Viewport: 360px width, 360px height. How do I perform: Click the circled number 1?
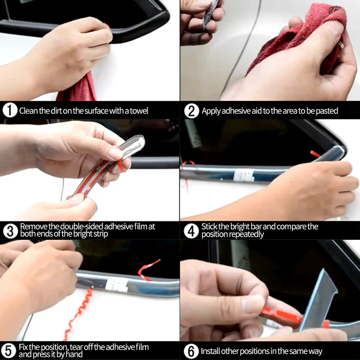point(10,110)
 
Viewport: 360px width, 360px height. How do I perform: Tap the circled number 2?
point(192,111)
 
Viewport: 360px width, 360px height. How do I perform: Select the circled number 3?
point(10,231)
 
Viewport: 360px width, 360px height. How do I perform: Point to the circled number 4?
point(191,231)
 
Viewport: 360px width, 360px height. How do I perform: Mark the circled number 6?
point(191,351)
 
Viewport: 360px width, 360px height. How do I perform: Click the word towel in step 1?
point(139,111)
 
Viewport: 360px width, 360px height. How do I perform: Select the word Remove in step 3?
point(34,227)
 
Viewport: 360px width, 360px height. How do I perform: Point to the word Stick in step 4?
point(209,227)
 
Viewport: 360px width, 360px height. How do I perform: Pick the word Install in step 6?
point(210,351)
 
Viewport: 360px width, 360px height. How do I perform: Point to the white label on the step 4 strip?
point(244,175)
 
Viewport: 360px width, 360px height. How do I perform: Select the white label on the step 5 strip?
point(117,284)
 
